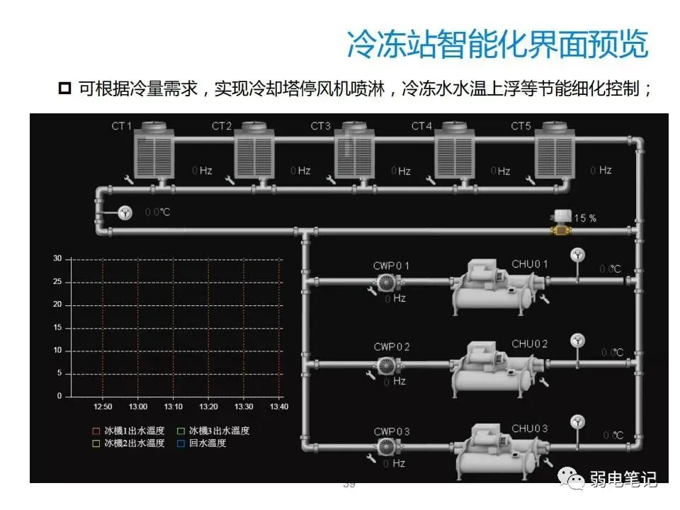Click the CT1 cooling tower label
pyautogui.click(x=121, y=126)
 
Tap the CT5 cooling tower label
pyautogui.click(x=521, y=126)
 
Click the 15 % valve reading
pyautogui.click(x=584, y=218)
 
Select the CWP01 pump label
pyautogui.click(x=391, y=266)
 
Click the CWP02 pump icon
pyautogui.click(x=386, y=365)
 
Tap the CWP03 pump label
pyautogui.click(x=391, y=431)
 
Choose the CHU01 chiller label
pyautogui.click(x=529, y=264)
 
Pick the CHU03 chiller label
pyautogui.click(x=529, y=429)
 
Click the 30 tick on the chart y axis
pyautogui.click(x=57, y=259)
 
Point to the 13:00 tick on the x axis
pyautogui.click(x=138, y=407)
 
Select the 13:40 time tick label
pyautogui.click(x=279, y=407)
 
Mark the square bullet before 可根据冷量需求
pyautogui.click(x=65, y=89)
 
